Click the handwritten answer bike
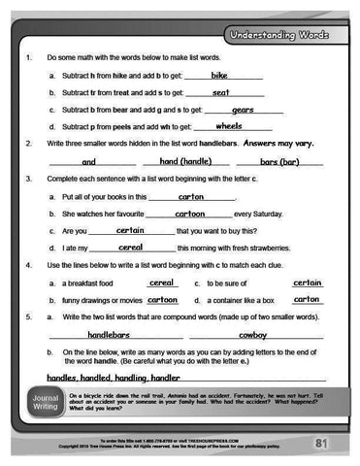[218, 75]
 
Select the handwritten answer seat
[220, 92]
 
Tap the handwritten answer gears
[243, 110]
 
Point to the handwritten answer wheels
[228, 126]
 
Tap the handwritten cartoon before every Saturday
[189, 213]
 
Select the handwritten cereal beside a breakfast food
[161, 283]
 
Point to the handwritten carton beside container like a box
[307, 300]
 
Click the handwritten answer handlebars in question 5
[102, 334]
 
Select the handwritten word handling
[130, 377]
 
